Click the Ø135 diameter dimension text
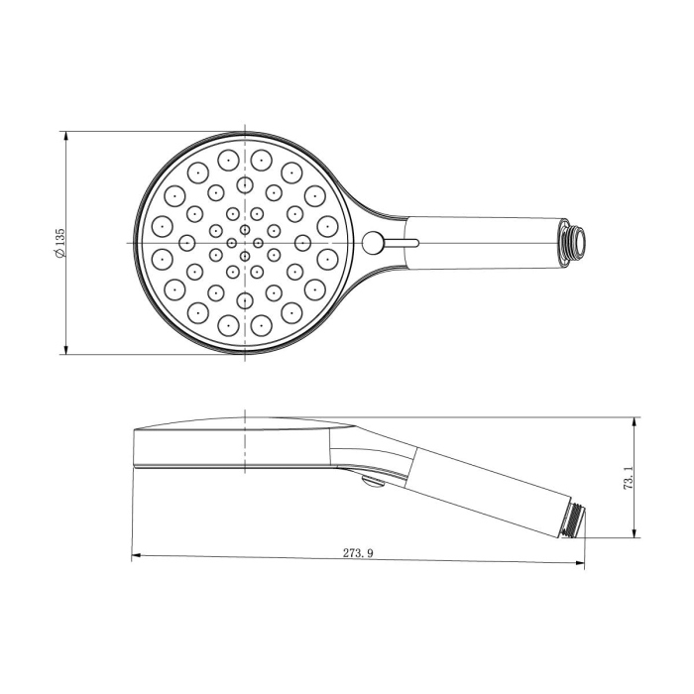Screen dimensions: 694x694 (x=60, y=243)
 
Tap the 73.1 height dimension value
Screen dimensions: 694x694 (x=628, y=480)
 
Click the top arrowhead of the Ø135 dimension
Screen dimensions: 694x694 (x=65, y=134)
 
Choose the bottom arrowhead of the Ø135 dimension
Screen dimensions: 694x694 (x=65, y=349)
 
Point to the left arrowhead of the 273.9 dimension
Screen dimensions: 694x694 (x=136, y=555)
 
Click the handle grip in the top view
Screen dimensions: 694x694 (x=486, y=242)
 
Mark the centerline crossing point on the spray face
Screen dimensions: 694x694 (x=244, y=243)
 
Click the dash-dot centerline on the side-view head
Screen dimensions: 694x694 (x=244, y=441)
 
